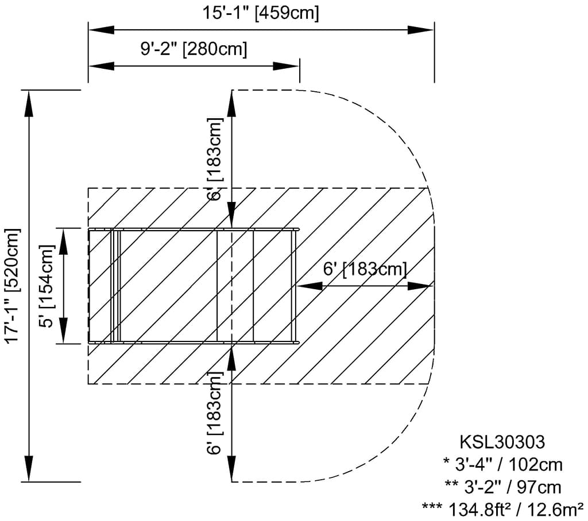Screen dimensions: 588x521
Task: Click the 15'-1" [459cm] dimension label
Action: point(261,13)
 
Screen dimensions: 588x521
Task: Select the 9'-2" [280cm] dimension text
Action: point(194,49)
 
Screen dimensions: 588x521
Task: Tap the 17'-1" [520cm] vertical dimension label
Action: point(13,285)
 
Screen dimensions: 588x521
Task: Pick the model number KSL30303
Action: point(502,442)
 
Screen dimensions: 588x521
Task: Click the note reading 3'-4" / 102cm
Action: point(502,465)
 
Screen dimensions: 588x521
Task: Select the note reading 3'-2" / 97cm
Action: point(502,487)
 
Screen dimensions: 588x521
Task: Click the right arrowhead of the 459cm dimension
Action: point(421,30)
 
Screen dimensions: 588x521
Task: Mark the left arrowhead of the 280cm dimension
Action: point(101,66)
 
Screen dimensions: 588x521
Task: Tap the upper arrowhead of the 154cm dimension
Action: point(63,241)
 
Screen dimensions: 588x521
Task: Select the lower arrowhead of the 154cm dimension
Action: point(63,331)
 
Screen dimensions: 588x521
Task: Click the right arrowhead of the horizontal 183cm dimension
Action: point(420,286)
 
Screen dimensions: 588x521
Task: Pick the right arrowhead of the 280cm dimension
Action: point(286,66)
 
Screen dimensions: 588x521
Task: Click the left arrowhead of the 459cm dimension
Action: point(101,30)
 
